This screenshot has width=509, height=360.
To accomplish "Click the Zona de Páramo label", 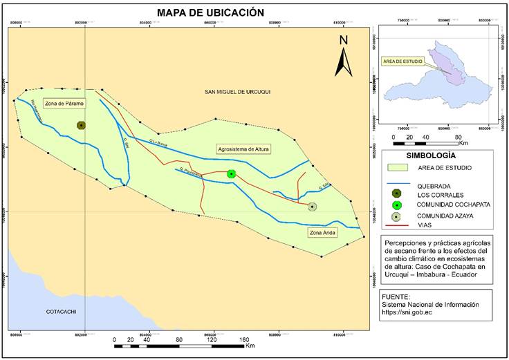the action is (63, 104).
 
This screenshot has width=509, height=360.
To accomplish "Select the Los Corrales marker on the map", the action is (81, 125).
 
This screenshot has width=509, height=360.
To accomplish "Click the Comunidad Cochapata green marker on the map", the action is (232, 173).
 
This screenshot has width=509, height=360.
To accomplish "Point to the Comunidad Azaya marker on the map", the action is (313, 207).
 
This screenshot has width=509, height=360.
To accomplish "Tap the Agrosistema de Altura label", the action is (243, 149).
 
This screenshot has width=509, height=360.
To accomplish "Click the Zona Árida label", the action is (322, 233).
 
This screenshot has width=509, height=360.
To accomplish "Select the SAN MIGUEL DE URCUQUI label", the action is (239, 92).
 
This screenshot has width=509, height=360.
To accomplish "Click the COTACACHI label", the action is (59, 311).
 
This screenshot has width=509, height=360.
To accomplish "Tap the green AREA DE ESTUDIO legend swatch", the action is (397, 168).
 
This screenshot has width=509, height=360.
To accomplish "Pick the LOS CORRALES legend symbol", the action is (397, 194).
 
